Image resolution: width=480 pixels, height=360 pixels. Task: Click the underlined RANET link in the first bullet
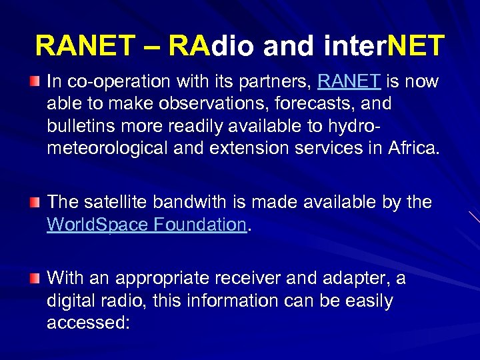[349, 82]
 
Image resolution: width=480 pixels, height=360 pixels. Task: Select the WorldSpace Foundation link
[147, 225]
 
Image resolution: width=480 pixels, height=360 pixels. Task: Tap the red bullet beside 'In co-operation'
[35, 81]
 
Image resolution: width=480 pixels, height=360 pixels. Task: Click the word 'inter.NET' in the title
[383, 46]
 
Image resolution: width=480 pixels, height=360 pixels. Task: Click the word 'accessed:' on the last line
[89, 323]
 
